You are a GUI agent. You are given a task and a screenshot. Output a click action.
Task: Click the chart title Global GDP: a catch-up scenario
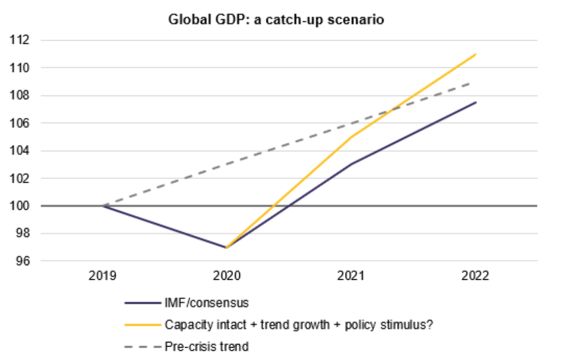(x=277, y=20)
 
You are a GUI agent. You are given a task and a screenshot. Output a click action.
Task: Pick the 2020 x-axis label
(x=226, y=276)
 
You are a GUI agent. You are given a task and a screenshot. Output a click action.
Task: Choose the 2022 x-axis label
(x=475, y=276)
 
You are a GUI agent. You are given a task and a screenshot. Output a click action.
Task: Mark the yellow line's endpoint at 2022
(x=476, y=54)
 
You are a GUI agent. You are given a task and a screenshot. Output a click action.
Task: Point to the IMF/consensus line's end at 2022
(x=476, y=102)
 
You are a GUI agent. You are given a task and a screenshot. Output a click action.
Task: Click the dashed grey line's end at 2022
(x=476, y=82)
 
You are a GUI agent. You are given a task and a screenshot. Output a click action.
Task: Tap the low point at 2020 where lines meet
(x=226, y=247)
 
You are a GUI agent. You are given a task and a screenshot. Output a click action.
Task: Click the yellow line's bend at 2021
(x=351, y=137)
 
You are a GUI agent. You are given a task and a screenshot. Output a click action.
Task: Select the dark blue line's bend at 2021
(x=351, y=165)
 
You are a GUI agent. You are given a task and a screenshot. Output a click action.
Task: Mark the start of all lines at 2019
(x=102, y=206)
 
